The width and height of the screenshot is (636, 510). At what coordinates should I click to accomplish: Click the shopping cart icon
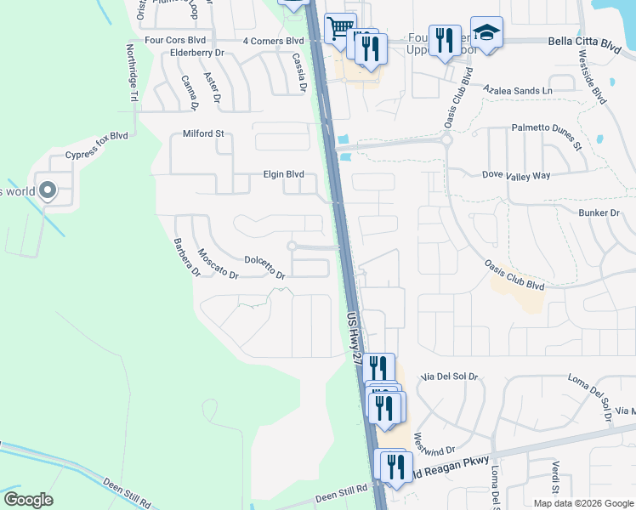tap(340, 28)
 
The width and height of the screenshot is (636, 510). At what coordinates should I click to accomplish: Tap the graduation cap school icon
tap(486, 32)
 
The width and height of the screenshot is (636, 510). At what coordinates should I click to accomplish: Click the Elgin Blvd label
tap(282, 174)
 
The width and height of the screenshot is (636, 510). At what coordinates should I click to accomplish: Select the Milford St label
tap(203, 133)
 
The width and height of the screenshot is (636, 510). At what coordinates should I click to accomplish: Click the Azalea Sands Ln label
tap(517, 89)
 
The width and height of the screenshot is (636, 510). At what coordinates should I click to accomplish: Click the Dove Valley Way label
tap(516, 175)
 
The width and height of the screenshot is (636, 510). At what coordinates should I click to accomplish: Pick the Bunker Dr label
tap(599, 212)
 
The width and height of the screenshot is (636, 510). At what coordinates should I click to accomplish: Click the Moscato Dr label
tap(218, 263)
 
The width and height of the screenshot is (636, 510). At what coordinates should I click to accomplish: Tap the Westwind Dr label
tap(434, 444)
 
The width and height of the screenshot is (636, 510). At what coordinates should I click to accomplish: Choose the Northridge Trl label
tap(133, 73)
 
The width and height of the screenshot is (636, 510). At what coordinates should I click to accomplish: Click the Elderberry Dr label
tap(196, 53)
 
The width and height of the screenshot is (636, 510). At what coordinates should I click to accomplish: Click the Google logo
tap(28, 499)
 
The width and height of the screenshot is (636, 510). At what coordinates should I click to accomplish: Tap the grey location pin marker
tap(47, 191)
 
